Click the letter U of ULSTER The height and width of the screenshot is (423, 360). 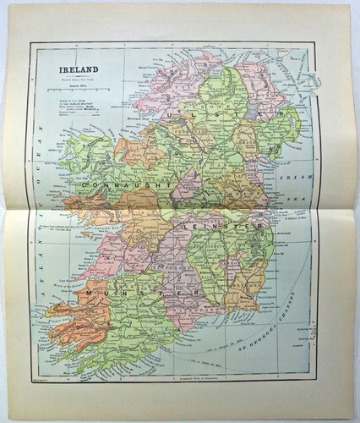click(171, 110)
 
